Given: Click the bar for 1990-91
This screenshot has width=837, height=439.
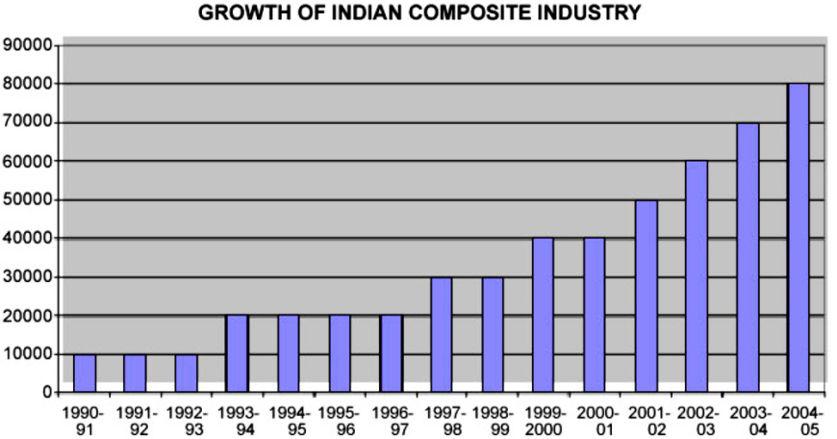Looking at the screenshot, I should click(x=85, y=374).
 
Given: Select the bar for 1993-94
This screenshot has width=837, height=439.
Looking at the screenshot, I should click(x=237, y=354).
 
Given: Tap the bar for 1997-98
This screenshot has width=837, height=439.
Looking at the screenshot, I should click(x=442, y=335).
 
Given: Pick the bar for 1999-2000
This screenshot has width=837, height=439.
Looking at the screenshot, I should click(x=544, y=316).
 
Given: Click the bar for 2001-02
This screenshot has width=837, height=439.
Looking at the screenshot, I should click(x=646, y=297).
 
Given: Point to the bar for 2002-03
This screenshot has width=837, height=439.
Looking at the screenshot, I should click(x=697, y=277).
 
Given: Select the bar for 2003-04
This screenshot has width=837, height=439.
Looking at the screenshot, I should click(x=748, y=258).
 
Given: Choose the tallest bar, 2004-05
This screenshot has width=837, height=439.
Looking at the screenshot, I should click(x=799, y=239).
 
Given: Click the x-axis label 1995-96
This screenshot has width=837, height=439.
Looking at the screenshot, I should click(x=339, y=419).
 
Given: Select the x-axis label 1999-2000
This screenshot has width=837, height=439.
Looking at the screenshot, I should click(x=544, y=419).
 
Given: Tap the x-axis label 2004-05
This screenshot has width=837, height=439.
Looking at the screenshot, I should click(x=799, y=419).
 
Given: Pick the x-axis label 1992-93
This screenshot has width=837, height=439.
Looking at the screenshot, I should click(x=186, y=419).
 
